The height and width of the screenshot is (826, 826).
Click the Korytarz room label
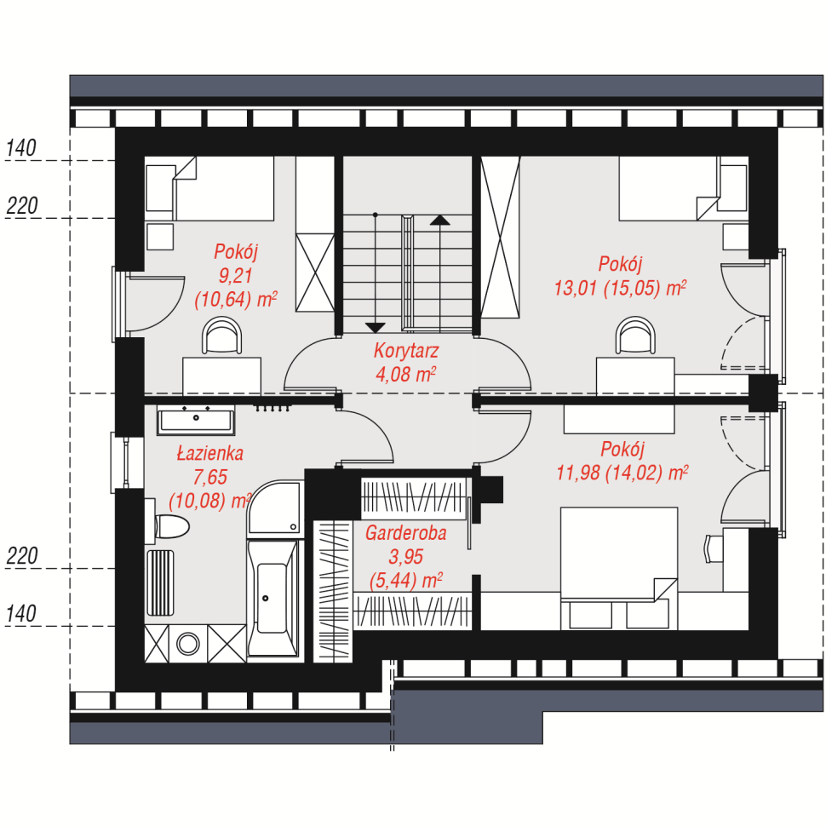tap(406, 351)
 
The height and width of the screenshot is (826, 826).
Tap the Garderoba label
tap(405, 533)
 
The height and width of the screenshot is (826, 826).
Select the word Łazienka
tap(209, 453)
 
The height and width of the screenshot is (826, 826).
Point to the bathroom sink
tap(196, 421)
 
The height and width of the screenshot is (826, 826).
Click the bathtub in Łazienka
tap(272, 598)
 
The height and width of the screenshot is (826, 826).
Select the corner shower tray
tap(275, 508)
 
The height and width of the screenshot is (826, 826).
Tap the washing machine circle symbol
tap(188, 644)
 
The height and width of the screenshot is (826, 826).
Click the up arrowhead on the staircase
tap(440, 221)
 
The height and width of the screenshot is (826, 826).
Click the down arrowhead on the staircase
tap(375, 328)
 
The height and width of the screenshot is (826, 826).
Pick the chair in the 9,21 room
tap(221, 335)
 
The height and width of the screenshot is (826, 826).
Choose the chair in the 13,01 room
tap(636, 335)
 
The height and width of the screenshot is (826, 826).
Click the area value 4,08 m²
tap(405, 375)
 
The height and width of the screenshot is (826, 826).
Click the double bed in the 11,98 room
tap(619, 568)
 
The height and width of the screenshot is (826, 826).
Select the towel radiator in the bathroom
tap(159, 582)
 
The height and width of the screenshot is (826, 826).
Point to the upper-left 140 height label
tap(21, 148)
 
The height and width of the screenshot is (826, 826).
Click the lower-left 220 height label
tap(21, 556)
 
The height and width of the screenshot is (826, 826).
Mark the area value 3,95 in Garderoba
tap(405, 557)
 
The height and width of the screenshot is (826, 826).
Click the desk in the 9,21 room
tap(221, 376)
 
